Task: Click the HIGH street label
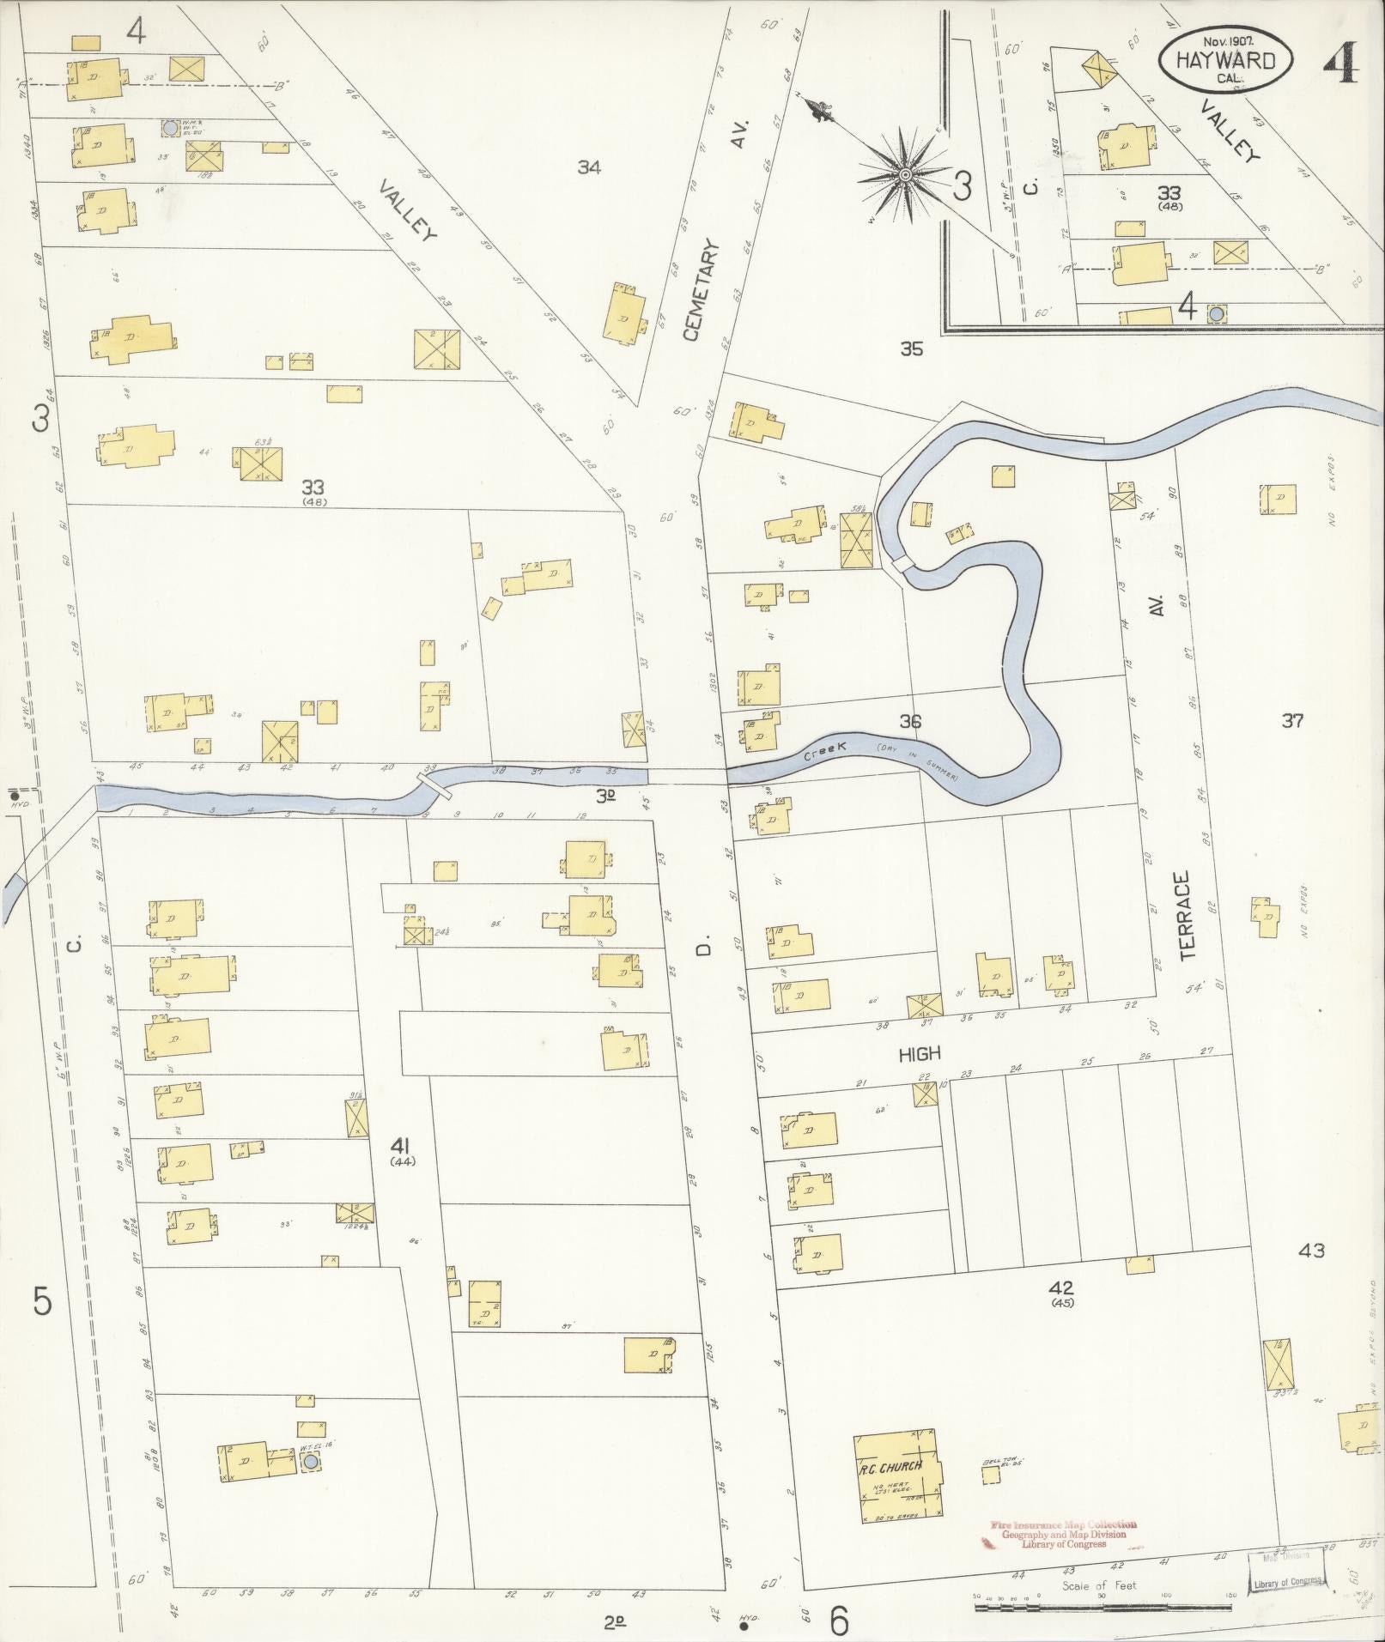(x=920, y=1053)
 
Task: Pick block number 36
(x=910, y=721)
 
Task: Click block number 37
(x=1292, y=721)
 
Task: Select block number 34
(x=588, y=167)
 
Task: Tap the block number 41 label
(x=401, y=1146)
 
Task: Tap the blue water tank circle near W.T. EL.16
(x=311, y=1461)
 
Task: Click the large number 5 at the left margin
(x=43, y=1302)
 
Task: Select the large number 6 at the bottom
(x=839, y=1621)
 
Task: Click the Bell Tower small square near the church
(x=991, y=1475)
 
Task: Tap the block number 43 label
(x=1311, y=1251)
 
